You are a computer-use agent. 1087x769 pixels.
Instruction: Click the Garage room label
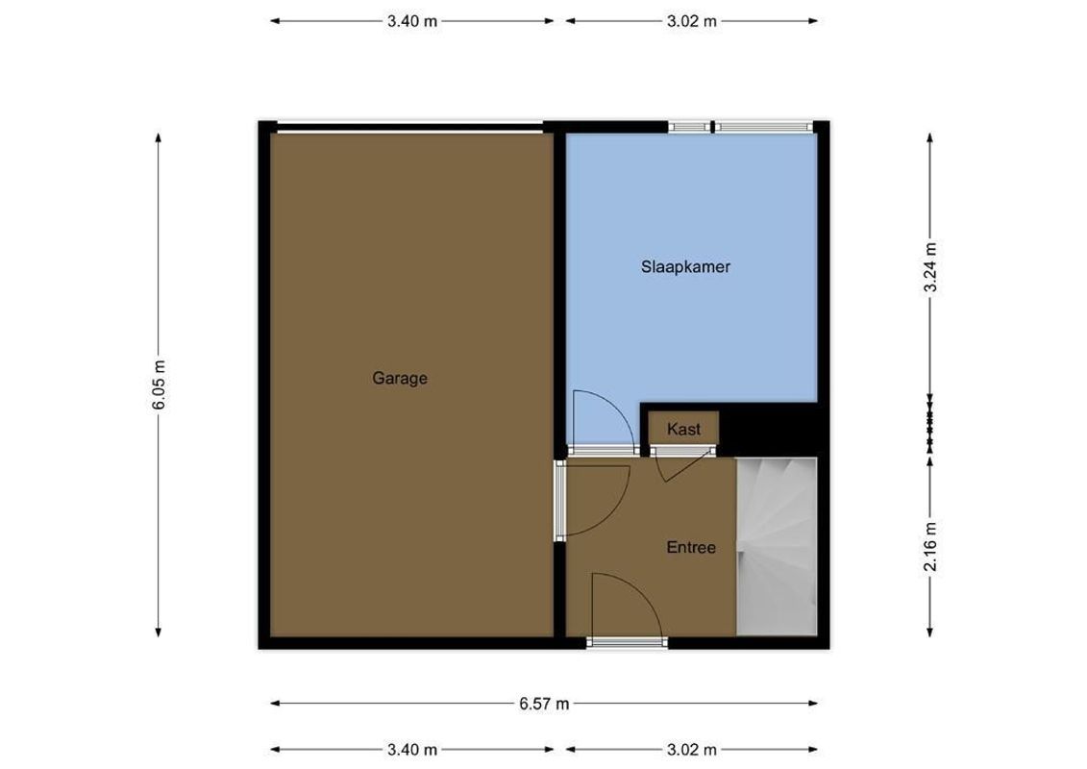click(x=400, y=379)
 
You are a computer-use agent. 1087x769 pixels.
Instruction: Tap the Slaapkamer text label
click(x=685, y=267)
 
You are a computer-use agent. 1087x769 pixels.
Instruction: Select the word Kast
click(x=683, y=430)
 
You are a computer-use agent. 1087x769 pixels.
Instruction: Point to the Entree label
click(x=691, y=548)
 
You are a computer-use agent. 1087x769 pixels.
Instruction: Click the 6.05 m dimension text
click(x=160, y=385)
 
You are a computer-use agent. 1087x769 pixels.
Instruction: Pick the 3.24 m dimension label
click(x=930, y=268)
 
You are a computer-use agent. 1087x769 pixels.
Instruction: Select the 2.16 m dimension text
click(x=930, y=546)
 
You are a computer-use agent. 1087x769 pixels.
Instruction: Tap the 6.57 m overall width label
click(x=544, y=704)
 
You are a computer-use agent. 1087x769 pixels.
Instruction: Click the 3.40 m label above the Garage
click(x=412, y=21)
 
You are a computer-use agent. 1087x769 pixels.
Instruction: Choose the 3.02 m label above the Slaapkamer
click(x=692, y=21)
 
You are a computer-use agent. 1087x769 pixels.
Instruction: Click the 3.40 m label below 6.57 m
click(x=412, y=750)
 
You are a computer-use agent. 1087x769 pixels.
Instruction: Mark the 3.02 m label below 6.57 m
click(x=692, y=750)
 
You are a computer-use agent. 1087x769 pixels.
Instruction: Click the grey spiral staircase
click(x=777, y=546)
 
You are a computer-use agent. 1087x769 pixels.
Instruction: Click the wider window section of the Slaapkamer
click(x=763, y=126)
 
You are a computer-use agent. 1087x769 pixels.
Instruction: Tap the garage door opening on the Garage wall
click(x=408, y=126)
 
